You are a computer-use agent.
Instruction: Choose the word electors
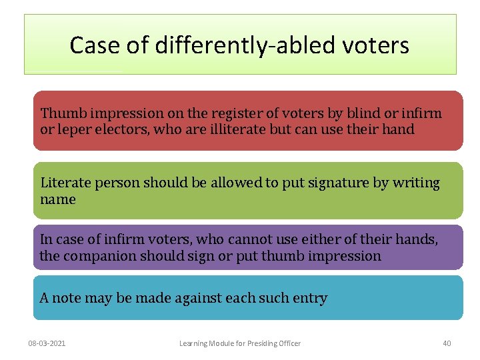pos(121,129)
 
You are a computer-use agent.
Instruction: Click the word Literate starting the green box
pos(65,183)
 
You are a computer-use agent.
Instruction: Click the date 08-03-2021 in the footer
pos(47,343)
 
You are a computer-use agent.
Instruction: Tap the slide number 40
pos(447,343)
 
